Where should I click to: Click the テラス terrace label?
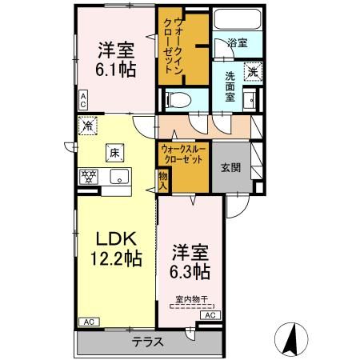148,342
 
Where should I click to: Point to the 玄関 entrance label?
231,166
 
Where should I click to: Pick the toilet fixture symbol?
177,100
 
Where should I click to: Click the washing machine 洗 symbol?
251,70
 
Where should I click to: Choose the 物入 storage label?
162,180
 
